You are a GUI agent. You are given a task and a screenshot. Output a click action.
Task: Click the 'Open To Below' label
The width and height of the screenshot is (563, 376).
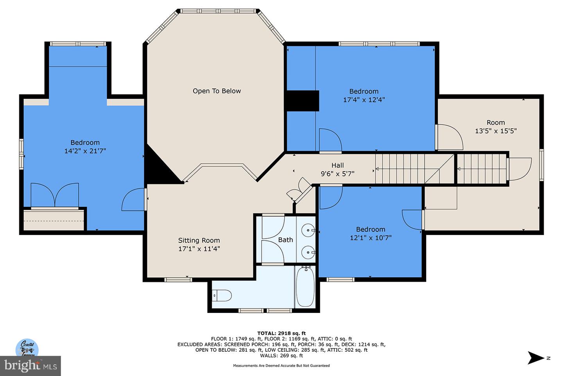(x=217, y=91)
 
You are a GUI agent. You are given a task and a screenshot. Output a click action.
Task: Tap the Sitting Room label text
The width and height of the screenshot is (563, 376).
(x=199, y=240)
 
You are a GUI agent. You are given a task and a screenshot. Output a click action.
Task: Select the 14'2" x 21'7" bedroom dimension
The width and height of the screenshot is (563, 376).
(x=85, y=151)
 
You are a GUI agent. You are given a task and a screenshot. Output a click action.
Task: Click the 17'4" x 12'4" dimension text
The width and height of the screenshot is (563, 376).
(x=364, y=100)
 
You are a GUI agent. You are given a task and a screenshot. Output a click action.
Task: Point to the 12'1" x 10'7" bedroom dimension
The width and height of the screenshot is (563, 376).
(x=370, y=238)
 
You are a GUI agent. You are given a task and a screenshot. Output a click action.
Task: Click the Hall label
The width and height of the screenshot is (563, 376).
(x=337, y=165)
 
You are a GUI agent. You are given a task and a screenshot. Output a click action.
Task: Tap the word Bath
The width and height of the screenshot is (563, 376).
(x=285, y=240)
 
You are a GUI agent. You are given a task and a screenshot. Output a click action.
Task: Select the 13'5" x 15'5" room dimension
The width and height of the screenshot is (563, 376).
(x=495, y=131)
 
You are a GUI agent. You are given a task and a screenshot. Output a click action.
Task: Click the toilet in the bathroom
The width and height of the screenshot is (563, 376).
(x=222, y=295)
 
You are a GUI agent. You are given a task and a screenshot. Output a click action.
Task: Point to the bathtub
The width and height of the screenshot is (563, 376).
(x=305, y=287)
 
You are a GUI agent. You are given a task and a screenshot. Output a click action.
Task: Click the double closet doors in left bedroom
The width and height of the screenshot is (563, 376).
(x=55, y=195)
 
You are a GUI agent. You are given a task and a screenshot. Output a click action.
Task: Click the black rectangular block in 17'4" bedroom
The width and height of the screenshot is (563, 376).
(x=302, y=101)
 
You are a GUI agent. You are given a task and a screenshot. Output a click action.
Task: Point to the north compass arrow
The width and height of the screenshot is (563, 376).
(x=536, y=358)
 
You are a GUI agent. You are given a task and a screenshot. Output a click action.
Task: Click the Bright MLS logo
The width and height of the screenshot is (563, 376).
(x=30, y=366)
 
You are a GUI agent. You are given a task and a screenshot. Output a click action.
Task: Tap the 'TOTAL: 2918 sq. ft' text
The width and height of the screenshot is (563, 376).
(x=281, y=333)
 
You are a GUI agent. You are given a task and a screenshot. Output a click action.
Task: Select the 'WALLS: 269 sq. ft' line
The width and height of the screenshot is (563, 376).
(x=281, y=356)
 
